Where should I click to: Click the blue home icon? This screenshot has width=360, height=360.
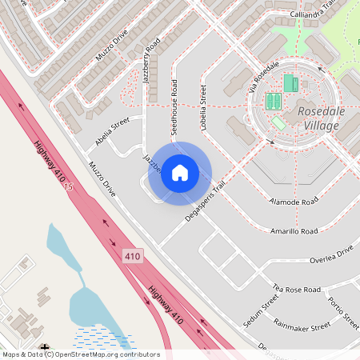click(x=180, y=173)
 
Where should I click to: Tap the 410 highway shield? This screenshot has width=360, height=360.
click(x=133, y=256)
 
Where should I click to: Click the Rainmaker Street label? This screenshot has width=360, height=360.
click(x=301, y=326)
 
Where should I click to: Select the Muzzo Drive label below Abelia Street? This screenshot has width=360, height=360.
click(x=102, y=183)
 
